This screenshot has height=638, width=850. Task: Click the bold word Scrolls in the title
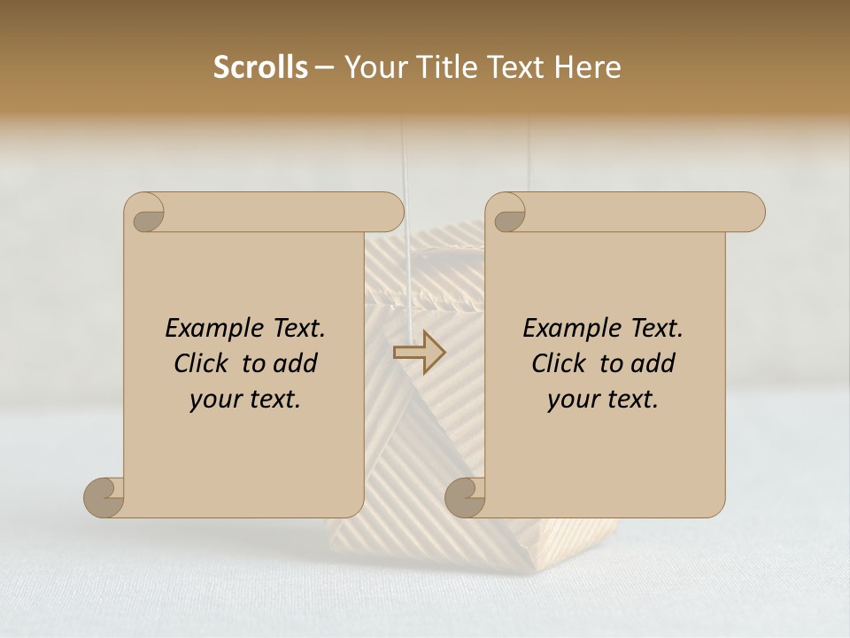(260, 67)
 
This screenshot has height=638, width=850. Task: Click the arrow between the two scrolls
(419, 352)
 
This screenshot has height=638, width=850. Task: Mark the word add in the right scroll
(653, 364)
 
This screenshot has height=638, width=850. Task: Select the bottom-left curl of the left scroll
(104, 497)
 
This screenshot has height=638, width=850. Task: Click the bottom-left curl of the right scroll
(466, 497)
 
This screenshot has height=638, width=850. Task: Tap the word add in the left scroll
(296, 364)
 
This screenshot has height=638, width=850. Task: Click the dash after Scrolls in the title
(324, 67)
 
